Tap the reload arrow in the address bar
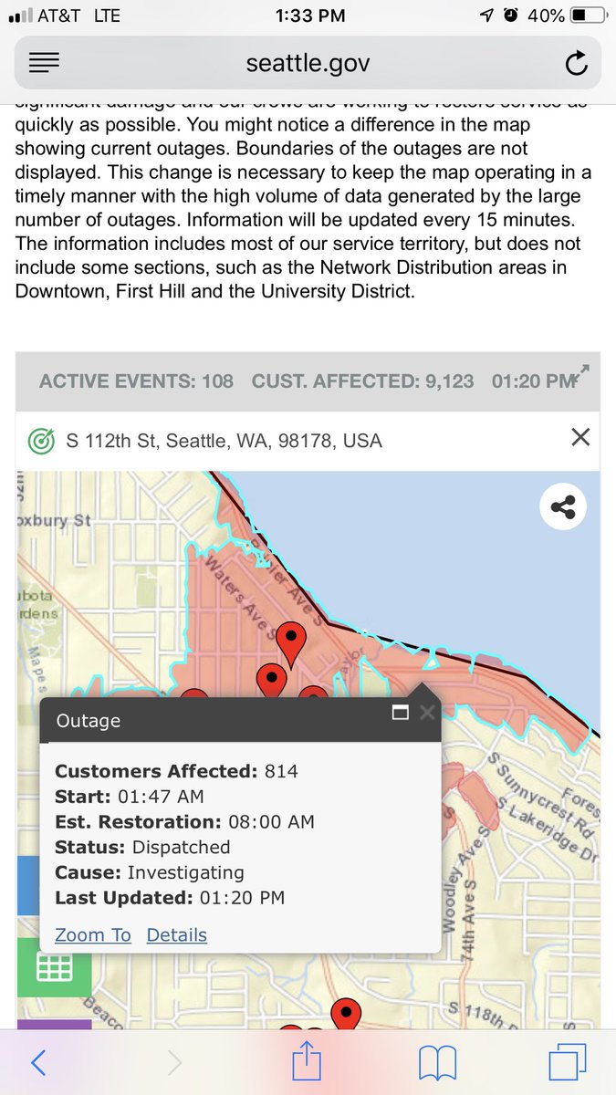576,64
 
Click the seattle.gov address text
308,64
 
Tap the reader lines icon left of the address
44,63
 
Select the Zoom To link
93,934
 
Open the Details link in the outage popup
177,934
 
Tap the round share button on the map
562,507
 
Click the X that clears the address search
579,438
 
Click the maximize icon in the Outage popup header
400,712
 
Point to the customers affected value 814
281,771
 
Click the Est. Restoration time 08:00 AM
271,821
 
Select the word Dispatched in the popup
181,847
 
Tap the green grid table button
54,967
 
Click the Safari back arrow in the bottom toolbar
38,1062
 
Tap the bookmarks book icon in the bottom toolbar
437,1062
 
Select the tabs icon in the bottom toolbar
567,1062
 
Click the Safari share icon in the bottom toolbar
308,1060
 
